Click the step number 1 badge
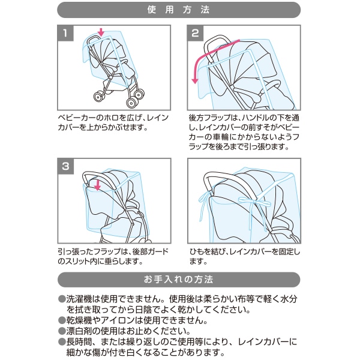(x=65, y=33)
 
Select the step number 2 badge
(x=195, y=33)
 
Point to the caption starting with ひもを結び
(x=244, y=256)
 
